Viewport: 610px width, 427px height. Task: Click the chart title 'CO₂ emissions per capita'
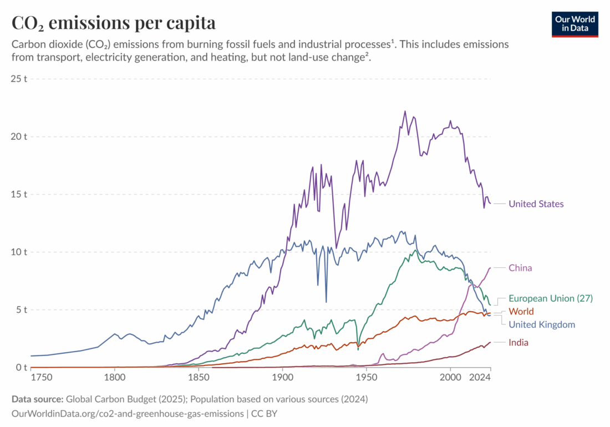pyautogui.click(x=114, y=23)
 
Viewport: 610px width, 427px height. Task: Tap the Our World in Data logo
pyautogui.click(x=575, y=23)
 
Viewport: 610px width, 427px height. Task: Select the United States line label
pyautogui.click(x=536, y=204)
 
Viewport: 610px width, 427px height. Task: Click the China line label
pyautogui.click(x=520, y=268)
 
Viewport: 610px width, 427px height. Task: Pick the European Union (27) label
pyautogui.click(x=550, y=298)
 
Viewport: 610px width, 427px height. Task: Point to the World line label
pyautogui.click(x=521, y=312)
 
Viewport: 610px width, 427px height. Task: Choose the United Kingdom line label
pyautogui.click(x=541, y=324)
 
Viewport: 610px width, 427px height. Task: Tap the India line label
pyautogui.click(x=518, y=343)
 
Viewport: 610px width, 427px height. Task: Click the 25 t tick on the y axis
pyautogui.click(x=19, y=79)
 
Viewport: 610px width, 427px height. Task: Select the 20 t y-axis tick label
pyautogui.click(x=19, y=136)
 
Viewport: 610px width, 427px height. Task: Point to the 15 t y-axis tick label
pyautogui.click(x=19, y=194)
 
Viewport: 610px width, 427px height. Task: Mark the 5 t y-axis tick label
pyautogui.click(x=22, y=309)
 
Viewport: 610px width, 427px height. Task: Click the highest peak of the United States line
pyautogui.click(x=405, y=111)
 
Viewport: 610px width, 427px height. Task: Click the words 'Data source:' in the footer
pyautogui.click(x=37, y=399)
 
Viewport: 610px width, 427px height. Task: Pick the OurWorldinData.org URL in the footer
pyautogui.click(x=128, y=413)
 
